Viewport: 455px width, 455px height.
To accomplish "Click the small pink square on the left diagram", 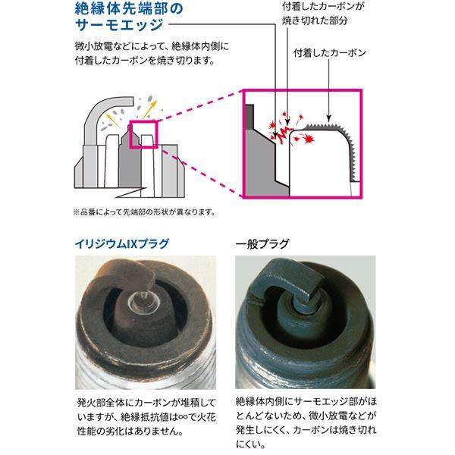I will [x=144, y=134].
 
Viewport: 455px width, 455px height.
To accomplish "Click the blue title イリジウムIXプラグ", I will [x=121, y=244].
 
